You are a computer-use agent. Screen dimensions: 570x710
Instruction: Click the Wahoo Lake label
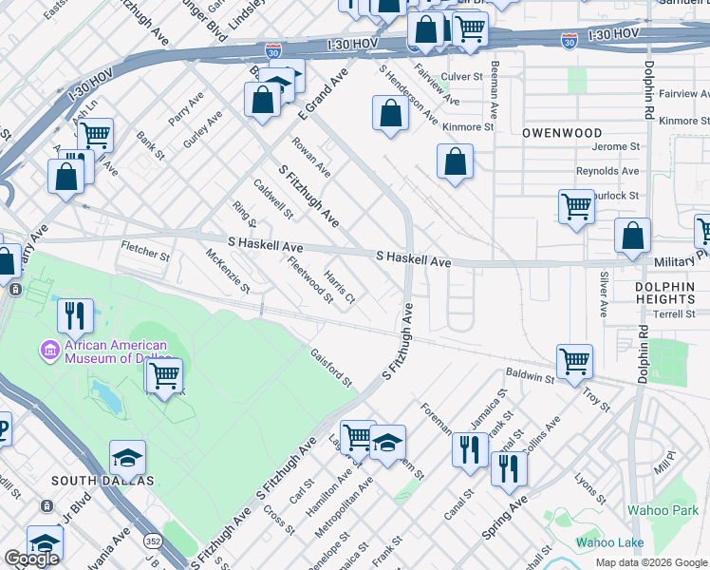pyautogui.click(x=609, y=542)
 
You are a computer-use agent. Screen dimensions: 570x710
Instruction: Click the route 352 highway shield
pyautogui.click(x=152, y=541)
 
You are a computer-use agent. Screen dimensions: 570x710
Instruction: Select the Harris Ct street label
pyautogui.click(x=339, y=286)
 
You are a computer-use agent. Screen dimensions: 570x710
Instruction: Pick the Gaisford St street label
pyautogui.click(x=331, y=368)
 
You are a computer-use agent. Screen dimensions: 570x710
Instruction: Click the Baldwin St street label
pyautogui.click(x=530, y=377)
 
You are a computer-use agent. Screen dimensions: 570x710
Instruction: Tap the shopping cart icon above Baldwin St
pyautogui.click(x=574, y=361)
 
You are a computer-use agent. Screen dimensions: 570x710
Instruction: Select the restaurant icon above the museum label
pyautogui.click(x=75, y=314)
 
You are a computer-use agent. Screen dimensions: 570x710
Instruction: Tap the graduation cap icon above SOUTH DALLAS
pyautogui.click(x=127, y=457)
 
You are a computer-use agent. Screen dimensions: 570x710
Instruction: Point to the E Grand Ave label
pyautogui.click(x=324, y=93)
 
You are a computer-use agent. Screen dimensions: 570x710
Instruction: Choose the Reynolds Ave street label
pyautogui.click(x=608, y=171)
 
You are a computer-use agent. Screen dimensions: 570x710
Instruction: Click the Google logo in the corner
pyautogui.click(x=31, y=559)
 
